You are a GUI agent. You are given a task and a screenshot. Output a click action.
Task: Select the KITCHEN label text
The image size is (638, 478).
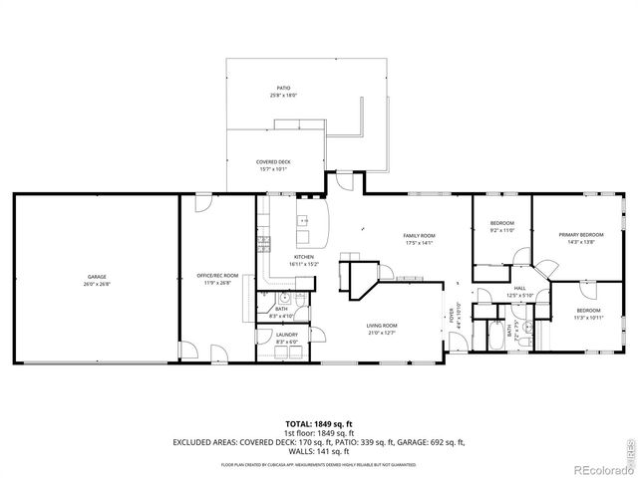pyautogui.click(x=303, y=258)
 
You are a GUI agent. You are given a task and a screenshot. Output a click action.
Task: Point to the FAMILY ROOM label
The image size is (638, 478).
pyautogui.click(x=419, y=236)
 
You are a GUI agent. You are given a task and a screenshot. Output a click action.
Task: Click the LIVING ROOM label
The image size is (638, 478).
pyautogui.click(x=382, y=326)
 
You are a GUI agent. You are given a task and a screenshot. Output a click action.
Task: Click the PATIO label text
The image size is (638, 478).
pyautogui.click(x=284, y=90)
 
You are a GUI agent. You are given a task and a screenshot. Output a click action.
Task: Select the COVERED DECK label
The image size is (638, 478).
pyautogui.click(x=272, y=161)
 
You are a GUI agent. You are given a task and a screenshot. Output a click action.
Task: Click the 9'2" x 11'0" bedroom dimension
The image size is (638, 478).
pyautogui.click(x=501, y=230)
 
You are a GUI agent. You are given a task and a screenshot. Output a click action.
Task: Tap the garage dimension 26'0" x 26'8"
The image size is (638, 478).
pyautogui.click(x=96, y=283)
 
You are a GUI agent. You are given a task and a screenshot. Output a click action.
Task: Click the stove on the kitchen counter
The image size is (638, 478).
pyautogui.click(x=264, y=241)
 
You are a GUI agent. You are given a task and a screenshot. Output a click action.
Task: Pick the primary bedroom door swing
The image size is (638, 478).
pyautogui.click(x=544, y=266)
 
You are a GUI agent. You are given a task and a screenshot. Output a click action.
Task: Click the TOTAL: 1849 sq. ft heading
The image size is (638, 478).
pyautogui.click(x=318, y=423)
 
